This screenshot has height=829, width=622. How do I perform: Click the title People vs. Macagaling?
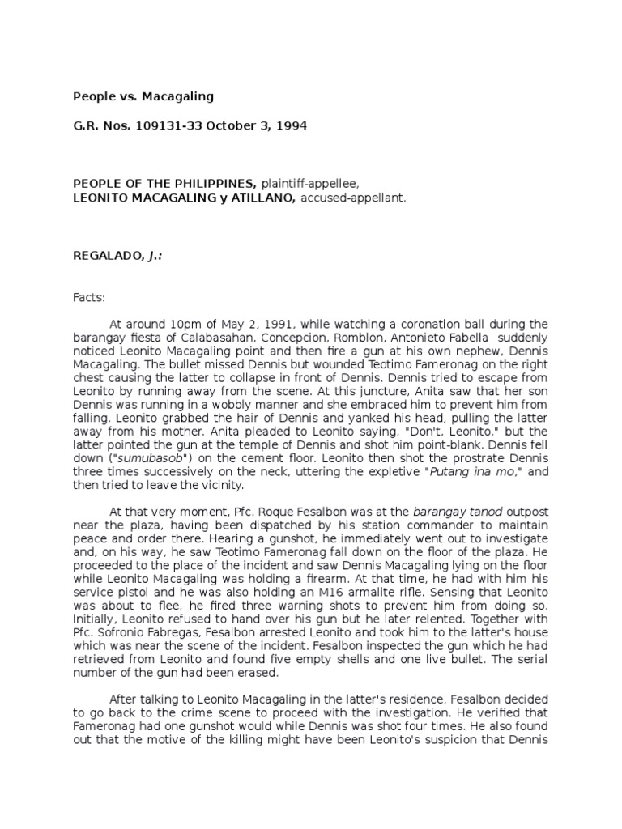pyautogui.click(x=143, y=96)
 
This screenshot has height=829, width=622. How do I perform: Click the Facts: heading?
pyautogui.click(x=89, y=298)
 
